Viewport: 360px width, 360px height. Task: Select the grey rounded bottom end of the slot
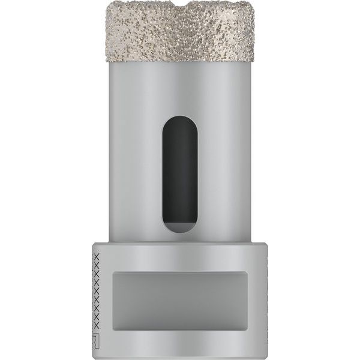178,230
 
